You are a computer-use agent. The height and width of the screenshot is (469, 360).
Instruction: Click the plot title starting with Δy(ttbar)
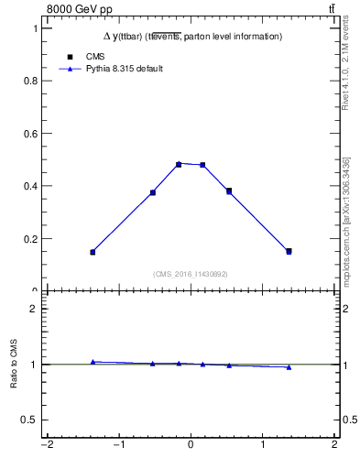(191, 37)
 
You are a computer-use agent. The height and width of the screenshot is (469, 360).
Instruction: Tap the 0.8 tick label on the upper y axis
(31, 81)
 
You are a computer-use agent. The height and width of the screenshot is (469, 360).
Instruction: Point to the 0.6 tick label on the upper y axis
(31, 134)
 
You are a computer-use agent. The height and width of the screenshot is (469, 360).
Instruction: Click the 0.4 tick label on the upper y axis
(31, 186)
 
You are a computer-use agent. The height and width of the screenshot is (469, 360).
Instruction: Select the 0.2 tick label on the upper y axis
(31, 239)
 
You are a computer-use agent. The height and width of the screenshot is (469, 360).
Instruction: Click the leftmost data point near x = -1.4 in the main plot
(93, 252)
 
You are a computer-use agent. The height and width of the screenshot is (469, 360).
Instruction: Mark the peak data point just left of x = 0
(179, 164)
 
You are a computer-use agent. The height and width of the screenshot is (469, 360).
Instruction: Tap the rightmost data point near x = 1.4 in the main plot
(289, 251)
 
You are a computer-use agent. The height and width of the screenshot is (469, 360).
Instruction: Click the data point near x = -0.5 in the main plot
(153, 192)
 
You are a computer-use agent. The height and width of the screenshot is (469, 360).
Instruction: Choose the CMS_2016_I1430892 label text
(191, 274)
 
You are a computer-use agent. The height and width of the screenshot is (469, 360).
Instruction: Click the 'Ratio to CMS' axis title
(15, 365)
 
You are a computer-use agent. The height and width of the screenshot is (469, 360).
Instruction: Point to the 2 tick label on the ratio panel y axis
(34, 309)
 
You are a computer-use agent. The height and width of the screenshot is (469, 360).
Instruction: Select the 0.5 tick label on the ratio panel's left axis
(30, 420)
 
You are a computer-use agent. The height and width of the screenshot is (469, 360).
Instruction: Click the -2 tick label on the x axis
(46, 446)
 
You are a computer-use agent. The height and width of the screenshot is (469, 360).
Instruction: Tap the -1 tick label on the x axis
(118, 446)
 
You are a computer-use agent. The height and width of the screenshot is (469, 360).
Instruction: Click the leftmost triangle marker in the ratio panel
(93, 362)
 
